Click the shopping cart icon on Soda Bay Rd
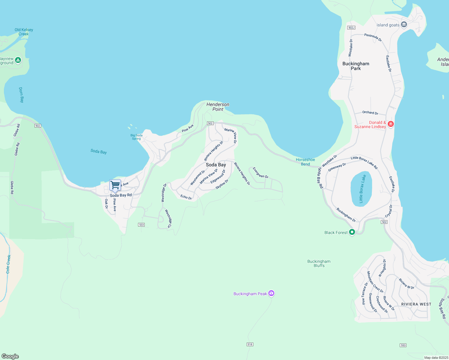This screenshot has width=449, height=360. click(115, 185)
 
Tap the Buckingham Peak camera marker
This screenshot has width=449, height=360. click(271, 293)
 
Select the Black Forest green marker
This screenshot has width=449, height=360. click(352, 232)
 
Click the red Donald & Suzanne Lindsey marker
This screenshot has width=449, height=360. click(390, 124)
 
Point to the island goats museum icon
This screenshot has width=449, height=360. click(404, 25)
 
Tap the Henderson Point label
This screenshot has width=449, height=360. click(218, 107)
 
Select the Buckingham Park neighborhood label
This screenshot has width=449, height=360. click(356, 66)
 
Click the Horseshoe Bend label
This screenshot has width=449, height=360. click(305, 162)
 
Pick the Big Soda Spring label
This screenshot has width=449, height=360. click(136, 137)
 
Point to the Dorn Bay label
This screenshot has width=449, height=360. click(21, 95)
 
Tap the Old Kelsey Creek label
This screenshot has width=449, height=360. click(24, 32)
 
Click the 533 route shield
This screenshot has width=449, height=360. click(141, 225)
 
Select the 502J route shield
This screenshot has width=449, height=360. click(351, 28)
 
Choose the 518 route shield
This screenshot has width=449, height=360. click(250, 344)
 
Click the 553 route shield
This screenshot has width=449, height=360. click(403, 345)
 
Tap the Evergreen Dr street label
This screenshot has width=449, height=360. click(261, 173)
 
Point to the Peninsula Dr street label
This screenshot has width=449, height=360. click(373, 37)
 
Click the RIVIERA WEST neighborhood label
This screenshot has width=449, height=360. click(416, 304)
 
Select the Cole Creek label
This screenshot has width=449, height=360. click(8, 264)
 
